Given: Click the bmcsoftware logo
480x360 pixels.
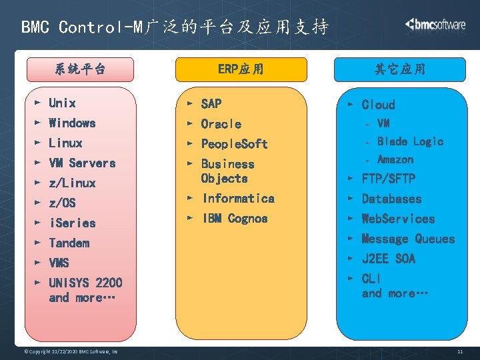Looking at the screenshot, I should point(435,25).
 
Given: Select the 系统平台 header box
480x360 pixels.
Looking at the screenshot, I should point(80,69).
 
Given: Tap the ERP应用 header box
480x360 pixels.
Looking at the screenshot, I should point(241,69).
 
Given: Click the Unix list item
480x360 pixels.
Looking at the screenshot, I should point(62,103).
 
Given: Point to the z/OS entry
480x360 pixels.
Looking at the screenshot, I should point(62,203).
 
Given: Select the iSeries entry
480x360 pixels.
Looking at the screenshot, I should point(72,223).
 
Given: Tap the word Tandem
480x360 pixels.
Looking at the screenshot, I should point(69,243).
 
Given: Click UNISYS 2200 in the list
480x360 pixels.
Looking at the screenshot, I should point(85,283).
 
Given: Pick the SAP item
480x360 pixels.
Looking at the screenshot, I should point(211,103).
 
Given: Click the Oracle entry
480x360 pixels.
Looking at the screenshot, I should point(221,123).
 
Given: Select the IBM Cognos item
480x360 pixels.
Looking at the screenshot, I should point(235,219).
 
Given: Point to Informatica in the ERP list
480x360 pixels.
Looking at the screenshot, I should point(238,198).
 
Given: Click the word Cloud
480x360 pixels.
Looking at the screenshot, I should point(378,105).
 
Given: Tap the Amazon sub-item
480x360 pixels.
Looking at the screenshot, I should point(395,159).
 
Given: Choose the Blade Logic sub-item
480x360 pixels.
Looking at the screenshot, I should point(410,141).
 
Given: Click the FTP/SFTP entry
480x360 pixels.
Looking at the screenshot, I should point(388,179).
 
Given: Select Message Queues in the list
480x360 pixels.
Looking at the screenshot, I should point(408,239).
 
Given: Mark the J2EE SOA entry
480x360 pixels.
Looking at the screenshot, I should point(388,259).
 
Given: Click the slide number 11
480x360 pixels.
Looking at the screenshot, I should point(460,351).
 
